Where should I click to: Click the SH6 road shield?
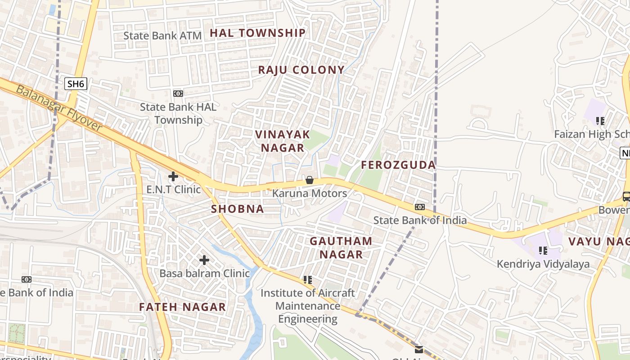tap(75, 84)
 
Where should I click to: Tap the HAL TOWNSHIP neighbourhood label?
tap(258, 33)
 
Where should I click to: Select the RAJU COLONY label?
tap(301, 70)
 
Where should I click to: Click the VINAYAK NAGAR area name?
tap(283, 141)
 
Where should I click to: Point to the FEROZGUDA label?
tap(398, 165)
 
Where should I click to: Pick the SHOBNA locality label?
tap(238, 209)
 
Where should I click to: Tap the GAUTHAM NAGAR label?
tap(341, 247)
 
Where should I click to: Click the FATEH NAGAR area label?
tap(182, 307)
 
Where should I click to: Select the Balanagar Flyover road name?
tap(59, 108)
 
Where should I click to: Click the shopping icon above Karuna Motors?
tap(310, 180)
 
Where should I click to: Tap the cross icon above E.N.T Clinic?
tap(173, 176)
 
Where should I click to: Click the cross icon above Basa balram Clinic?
tap(204, 260)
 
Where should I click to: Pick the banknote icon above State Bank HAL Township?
tap(178, 93)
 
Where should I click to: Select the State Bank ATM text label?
tap(162, 36)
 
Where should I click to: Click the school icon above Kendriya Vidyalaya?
tap(543, 251)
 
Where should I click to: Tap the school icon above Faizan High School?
tap(600, 121)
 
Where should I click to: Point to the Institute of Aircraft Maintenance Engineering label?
tap(308, 306)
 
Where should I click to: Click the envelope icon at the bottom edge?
tap(419, 349)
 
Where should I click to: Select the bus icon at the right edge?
tap(626, 196)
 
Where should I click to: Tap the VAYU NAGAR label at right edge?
tap(599, 241)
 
